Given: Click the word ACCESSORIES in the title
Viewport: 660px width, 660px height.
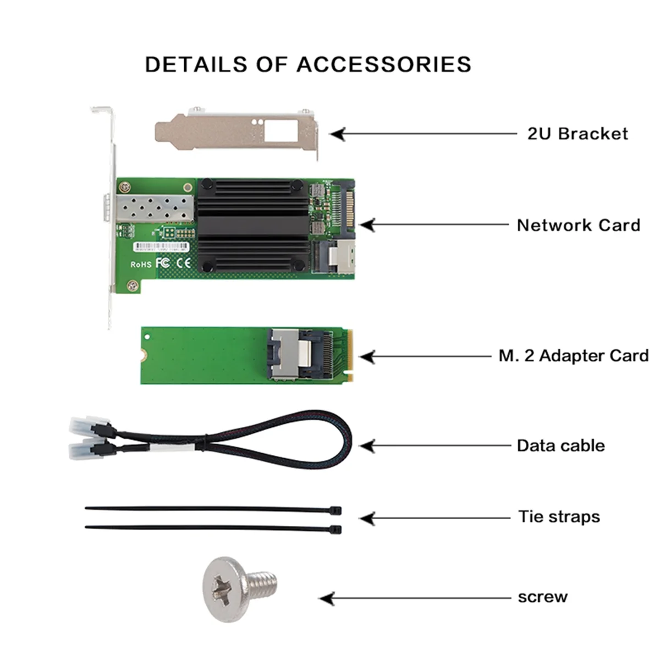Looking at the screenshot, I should [x=384, y=64].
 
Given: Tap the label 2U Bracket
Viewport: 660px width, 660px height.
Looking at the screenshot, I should [x=577, y=134].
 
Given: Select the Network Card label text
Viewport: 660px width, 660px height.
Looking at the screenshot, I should [x=579, y=225].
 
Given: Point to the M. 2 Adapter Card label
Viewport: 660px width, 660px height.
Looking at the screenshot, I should [x=574, y=356].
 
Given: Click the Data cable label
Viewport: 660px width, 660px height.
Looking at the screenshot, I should [x=560, y=446].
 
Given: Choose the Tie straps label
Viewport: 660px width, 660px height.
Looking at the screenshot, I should [x=559, y=517].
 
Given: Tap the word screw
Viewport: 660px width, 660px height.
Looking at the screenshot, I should [x=542, y=597].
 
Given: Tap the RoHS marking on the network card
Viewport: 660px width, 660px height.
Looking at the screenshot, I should [x=141, y=265].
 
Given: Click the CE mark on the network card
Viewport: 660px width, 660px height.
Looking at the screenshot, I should [x=183, y=263].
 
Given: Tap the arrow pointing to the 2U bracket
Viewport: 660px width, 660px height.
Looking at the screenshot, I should [x=338, y=134].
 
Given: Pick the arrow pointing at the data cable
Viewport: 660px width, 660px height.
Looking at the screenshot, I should [x=367, y=446].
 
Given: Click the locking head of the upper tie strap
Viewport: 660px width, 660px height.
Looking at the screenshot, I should [x=337, y=511].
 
